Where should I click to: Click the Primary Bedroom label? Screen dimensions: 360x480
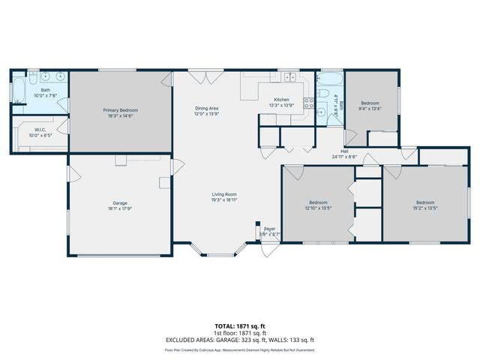pos(120,110)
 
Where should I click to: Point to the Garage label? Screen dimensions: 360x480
pos(120,203)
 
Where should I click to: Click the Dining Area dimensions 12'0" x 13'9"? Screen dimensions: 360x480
pos(206,114)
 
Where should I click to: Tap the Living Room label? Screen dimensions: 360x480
pos(223,194)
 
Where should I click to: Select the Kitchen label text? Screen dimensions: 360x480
pos(281,100)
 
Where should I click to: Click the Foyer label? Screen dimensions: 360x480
pos(270,229)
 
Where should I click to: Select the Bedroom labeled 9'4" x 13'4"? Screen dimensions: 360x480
pos(371,103)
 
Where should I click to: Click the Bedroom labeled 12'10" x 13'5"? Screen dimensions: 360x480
pos(319,202)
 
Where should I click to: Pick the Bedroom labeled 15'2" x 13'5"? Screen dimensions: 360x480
pos(425,202)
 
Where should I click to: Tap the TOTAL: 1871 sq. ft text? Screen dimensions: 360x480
pos(239,326)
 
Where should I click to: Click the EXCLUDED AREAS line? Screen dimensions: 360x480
pos(239,340)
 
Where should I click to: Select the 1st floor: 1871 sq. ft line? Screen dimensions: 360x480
pos(239,333)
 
